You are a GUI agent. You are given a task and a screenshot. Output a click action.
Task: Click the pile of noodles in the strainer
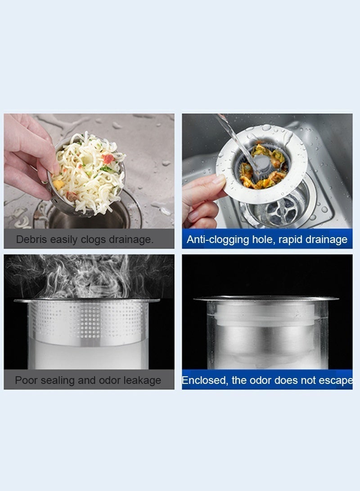[90, 171]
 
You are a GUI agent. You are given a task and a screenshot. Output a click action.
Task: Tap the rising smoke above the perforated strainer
[90, 275]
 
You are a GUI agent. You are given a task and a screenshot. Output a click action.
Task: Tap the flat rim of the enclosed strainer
[265, 298]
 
